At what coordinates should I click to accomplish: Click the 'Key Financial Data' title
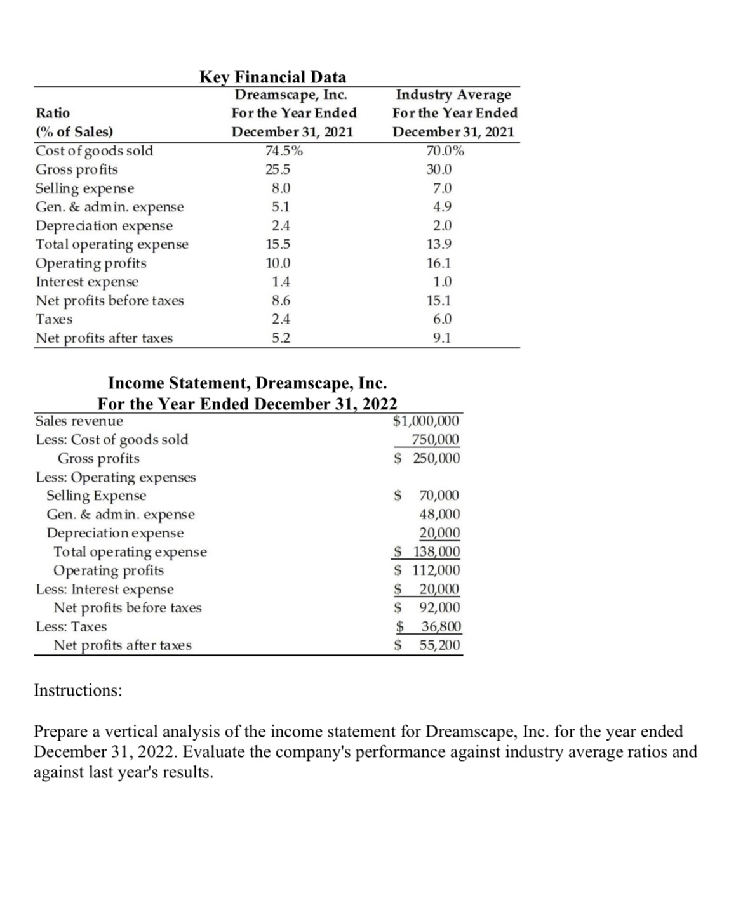click(x=273, y=77)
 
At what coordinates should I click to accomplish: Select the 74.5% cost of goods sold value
click(x=283, y=151)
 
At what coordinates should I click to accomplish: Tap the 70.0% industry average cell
click(x=445, y=151)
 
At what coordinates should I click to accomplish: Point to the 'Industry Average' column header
click(x=453, y=95)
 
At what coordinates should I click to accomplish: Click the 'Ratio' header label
click(x=53, y=113)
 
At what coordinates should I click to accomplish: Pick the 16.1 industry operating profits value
click(x=439, y=263)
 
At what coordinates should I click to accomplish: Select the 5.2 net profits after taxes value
click(x=281, y=338)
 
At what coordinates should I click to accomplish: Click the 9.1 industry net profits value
click(x=441, y=338)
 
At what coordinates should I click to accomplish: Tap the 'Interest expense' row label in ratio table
click(x=87, y=282)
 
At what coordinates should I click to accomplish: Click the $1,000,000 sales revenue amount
click(x=426, y=421)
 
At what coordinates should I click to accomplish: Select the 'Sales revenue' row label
click(x=79, y=421)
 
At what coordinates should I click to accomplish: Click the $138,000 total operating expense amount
click(x=427, y=552)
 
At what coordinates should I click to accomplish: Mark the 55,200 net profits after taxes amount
click(x=439, y=645)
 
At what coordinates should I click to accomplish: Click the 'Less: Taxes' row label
click(x=71, y=627)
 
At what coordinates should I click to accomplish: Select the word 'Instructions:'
click(x=78, y=690)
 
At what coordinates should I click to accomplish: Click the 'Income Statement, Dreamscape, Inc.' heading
click(x=248, y=384)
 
